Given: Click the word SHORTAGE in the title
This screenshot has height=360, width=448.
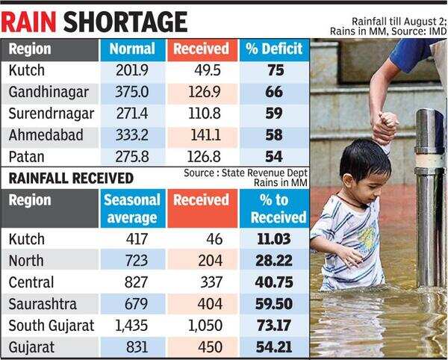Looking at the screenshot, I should [x=123, y=19].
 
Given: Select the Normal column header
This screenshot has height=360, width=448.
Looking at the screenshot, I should [x=132, y=50].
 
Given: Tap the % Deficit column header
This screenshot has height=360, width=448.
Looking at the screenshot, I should [x=273, y=50].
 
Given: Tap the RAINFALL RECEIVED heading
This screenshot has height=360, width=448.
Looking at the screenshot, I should [x=71, y=178].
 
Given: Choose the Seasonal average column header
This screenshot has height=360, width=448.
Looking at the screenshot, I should [x=132, y=208].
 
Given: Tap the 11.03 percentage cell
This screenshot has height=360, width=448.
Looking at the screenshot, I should [x=278, y=239].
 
